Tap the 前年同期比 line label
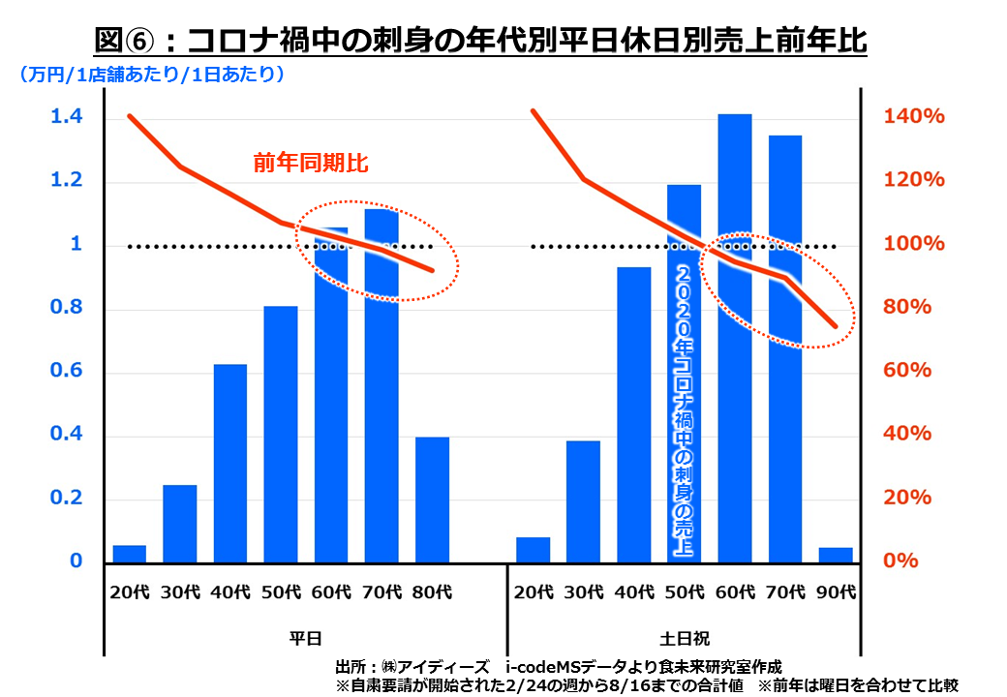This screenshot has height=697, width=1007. [x=312, y=163]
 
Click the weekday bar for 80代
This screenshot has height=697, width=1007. [x=432, y=500]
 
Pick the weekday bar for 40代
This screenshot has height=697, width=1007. [x=230, y=463]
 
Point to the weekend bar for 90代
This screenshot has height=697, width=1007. [x=836, y=555]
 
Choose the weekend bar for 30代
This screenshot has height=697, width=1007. [x=583, y=500]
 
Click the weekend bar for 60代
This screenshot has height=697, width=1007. [x=734, y=339]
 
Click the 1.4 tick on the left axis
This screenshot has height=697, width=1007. [x=67, y=117]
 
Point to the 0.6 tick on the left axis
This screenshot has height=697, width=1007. [x=67, y=373]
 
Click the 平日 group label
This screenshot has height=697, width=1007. [x=306, y=639]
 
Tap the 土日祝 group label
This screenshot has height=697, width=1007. [x=685, y=639]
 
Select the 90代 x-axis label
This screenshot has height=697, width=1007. [x=836, y=591]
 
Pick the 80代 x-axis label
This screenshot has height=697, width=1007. [x=432, y=591]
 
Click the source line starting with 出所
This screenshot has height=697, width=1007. [x=558, y=667]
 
